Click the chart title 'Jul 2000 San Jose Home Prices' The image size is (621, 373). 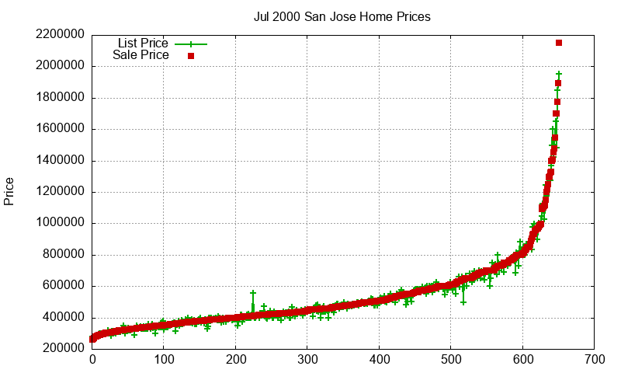(x=342, y=16)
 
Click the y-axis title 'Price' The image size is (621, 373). (x=9, y=191)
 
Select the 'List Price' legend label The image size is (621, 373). (x=143, y=43)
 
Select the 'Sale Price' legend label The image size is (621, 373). (x=141, y=55)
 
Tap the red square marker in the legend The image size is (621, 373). (x=190, y=56)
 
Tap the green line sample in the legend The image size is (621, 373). (x=191, y=44)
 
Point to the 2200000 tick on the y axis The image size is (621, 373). (x=60, y=35)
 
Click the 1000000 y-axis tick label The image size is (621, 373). (x=60, y=223)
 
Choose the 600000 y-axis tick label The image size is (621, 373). (x=63, y=286)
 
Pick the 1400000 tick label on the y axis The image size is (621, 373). (x=60, y=161)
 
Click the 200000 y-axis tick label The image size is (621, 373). (x=63, y=348)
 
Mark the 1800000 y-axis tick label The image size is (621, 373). (x=60, y=98)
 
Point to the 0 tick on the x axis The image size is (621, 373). (x=92, y=361)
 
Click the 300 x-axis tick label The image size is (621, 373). (x=307, y=361)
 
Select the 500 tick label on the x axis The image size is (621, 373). (x=451, y=361)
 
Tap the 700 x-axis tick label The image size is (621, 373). (x=595, y=361)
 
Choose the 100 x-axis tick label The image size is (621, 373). (x=164, y=361)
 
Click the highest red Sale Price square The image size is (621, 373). (x=559, y=43)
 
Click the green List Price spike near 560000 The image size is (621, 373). (x=253, y=293)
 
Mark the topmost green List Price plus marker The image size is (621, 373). (x=559, y=74)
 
